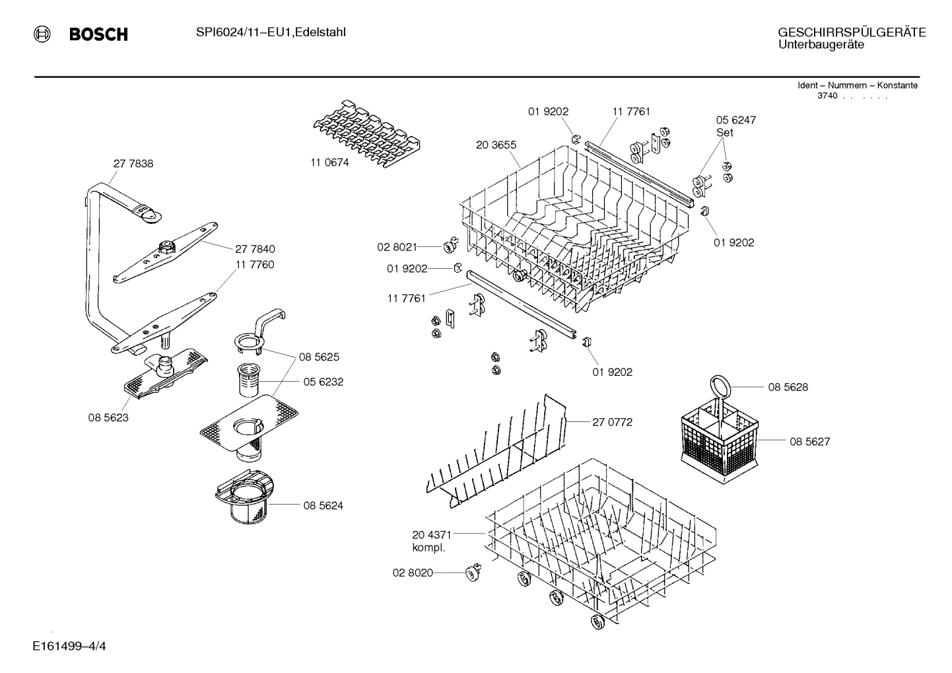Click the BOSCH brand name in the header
(x=98, y=34)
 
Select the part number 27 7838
(x=133, y=164)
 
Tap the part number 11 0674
(x=329, y=162)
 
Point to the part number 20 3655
(x=496, y=145)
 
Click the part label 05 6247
(x=736, y=120)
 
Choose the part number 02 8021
(x=397, y=247)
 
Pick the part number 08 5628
(x=788, y=387)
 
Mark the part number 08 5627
(x=809, y=441)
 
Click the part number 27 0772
(x=612, y=422)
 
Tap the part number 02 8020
(x=413, y=573)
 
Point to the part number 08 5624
(x=323, y=506)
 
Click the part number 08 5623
(x=108, y=417)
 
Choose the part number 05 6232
(x=323, y=382)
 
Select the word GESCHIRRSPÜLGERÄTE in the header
(x=852, y=32)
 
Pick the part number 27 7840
(x=255, y=249)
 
